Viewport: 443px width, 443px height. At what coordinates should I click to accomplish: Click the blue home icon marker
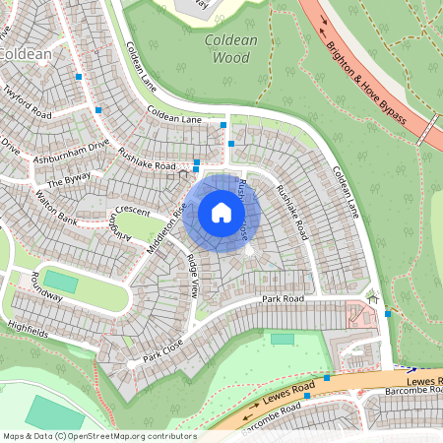tap(221, 213)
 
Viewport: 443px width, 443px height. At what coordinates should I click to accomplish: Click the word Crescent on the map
tap(130, 210)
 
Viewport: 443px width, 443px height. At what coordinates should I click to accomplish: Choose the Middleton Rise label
tap(166, 223)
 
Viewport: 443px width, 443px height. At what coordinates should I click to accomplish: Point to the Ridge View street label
tap(193, 276)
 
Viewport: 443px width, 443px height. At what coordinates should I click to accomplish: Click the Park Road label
tap(279, 298)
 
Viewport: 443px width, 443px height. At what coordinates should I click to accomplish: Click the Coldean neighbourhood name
tap(24, 54)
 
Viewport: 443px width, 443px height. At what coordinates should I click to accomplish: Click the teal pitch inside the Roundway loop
tap(60, 283)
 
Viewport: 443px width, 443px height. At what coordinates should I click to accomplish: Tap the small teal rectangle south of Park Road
tap(283, 339)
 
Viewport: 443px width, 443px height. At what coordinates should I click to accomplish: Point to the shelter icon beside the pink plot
tap(372, 298)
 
